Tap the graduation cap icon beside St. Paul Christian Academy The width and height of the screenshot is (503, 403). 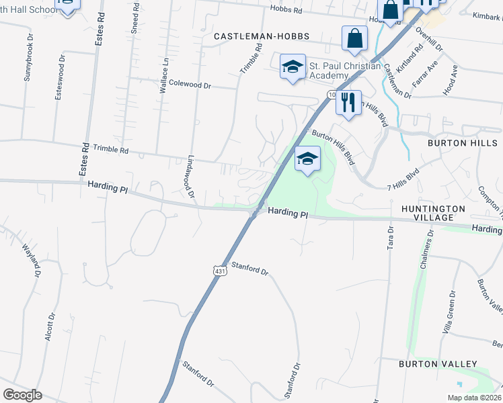tap(293, 67)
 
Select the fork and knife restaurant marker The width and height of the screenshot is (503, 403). tap(348, 103)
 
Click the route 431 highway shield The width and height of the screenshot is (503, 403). tap(219, 270)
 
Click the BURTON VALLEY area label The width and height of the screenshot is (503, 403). tap(438, 364)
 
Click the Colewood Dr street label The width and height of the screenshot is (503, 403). tap(190, 85)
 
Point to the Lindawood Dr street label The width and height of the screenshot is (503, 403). tap(190, 178)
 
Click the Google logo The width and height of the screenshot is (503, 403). tap(23, 395)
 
